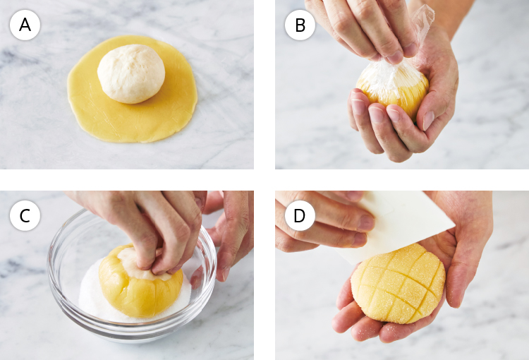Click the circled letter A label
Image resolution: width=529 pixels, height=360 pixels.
tap(25, 25)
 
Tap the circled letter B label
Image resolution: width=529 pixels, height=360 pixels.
tap(300, 25)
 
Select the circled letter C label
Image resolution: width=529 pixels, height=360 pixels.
tap(25, 216)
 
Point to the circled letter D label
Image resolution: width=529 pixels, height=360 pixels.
tap(300, 216)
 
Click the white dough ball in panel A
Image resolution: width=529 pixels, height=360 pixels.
tap(131, 73)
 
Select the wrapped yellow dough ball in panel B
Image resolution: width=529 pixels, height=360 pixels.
tap(392, 89)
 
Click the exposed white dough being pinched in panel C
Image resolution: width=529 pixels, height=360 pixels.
tap(135, 263)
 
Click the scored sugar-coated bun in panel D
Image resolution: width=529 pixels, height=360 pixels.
tap(398, 283)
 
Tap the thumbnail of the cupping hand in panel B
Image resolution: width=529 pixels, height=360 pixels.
tap(428, 120)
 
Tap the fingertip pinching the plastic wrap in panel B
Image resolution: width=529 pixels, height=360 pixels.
tap(396, 57)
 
